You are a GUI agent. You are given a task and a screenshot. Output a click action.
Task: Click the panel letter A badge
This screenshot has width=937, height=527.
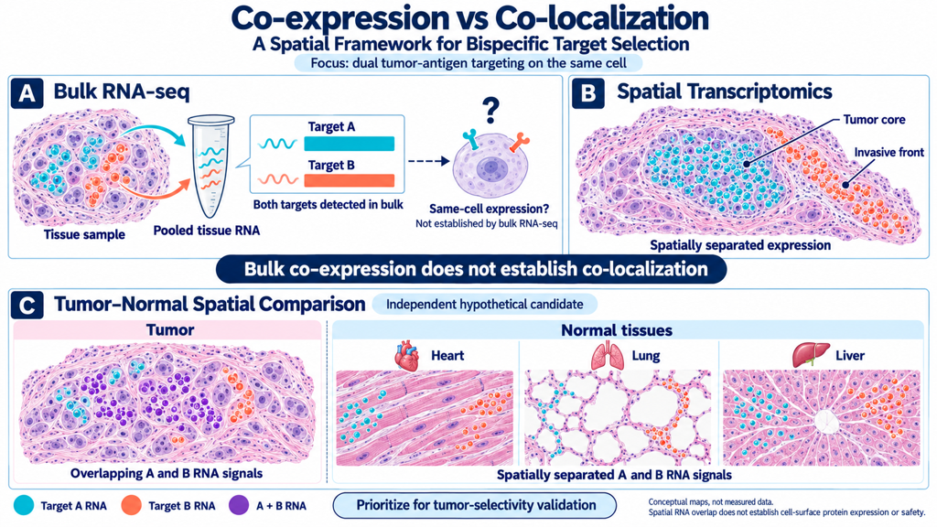27,93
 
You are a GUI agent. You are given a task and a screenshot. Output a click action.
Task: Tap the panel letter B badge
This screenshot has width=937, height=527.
588,93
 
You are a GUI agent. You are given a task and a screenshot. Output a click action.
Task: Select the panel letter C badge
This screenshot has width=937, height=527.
27,304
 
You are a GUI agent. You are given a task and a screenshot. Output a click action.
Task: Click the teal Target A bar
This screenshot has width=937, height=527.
349,144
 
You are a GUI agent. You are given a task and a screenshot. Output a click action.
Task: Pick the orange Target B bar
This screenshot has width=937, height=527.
349,180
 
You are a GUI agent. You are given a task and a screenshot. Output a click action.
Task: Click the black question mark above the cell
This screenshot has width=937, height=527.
491,111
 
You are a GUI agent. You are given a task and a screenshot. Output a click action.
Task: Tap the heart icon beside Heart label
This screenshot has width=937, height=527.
408,356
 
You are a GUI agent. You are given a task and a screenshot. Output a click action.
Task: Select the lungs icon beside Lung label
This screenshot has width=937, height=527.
608,356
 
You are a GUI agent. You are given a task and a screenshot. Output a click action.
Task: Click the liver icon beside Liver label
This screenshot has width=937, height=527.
811,354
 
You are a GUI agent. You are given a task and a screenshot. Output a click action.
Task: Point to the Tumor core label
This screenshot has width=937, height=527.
874,120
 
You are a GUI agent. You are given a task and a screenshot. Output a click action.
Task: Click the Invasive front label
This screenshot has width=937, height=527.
889,153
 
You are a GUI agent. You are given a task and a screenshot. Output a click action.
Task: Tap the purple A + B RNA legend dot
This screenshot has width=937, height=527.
239,505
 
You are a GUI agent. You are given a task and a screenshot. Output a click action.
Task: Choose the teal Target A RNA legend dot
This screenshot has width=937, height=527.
23,505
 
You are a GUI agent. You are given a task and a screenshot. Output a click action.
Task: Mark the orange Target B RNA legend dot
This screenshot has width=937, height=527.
131,505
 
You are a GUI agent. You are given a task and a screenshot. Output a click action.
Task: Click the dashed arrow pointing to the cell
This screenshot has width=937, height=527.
428,161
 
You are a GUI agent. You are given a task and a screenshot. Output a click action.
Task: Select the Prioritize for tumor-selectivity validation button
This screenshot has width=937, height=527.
475,505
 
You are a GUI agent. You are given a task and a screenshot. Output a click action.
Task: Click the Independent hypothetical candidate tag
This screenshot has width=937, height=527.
485,304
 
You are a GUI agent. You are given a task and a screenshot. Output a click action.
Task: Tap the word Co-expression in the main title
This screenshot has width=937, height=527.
333,18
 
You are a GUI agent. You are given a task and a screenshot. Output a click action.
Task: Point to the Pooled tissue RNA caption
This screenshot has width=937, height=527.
206,231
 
